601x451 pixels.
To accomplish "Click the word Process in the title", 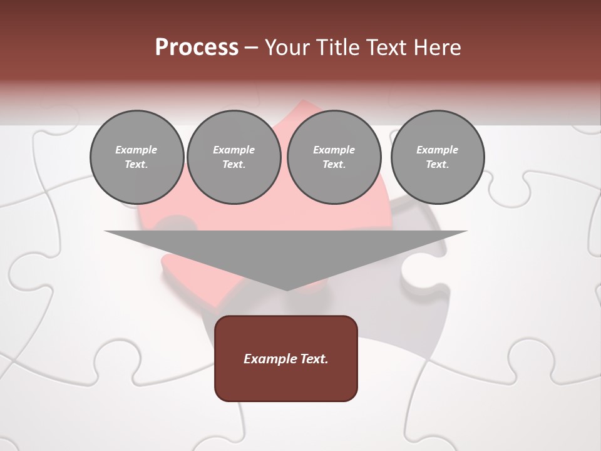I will pyautogui.click(x=197, y=47).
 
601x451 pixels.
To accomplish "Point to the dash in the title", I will pyautogui.click(x=252, y=48).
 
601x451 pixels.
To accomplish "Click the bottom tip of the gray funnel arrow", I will pyautogui.click(x=287, y=289).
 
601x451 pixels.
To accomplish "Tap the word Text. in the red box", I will pyautogui.click(x=314, y=359).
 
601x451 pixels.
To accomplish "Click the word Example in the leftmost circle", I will pyautogui.click(x=136, y=150).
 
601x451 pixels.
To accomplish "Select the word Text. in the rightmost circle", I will pyautogui.click(x=437, y=165).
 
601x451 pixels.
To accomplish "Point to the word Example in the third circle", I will pyautogui.click(x=334, y=150).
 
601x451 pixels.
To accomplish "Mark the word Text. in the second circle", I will pyautogui.click(x=234, y=165).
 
